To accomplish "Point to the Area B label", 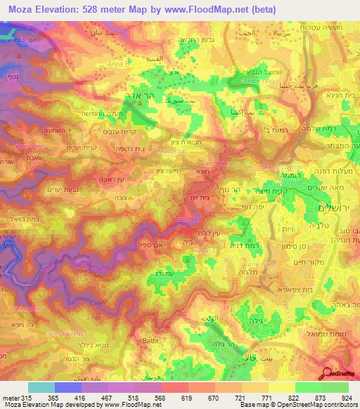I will coord(117,63).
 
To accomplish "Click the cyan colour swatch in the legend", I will coord(41,387).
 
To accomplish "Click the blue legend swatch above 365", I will coord(68,387).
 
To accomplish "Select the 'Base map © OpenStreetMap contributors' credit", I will coord(298,405).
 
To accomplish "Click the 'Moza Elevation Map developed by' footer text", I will coord(53,405).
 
